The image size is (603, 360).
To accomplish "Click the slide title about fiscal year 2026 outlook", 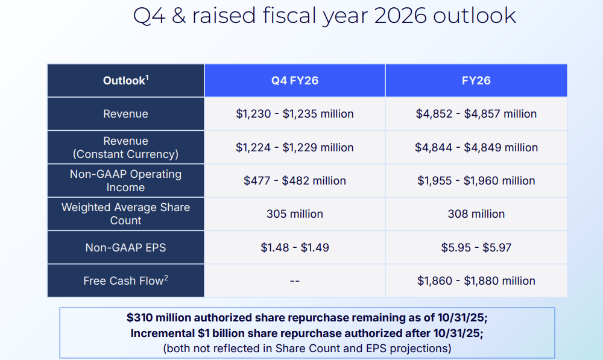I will click(x=324, y=16).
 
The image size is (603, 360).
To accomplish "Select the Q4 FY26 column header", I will click(x=295, y=80).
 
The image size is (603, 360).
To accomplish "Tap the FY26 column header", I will click(x=476, y=80).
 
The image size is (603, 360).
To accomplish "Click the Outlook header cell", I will click(x=125, y=80).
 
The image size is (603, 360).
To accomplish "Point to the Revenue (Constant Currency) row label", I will click(x=125, y=147).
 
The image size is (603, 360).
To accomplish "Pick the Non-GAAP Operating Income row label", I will click(x=125, y=180).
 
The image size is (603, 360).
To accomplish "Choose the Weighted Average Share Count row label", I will click(x=125, y=213).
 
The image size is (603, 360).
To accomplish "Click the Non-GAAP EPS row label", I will click(x=125, y=247).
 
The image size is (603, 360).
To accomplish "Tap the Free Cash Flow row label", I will click(x=125, y=280).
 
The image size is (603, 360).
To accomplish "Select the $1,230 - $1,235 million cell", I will click(x=295, y=114).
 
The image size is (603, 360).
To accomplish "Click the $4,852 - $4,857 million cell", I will click(x=476, y=114).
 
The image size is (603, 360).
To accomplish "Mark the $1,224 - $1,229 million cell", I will click(x=295, y=147).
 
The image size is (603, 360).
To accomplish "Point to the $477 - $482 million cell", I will click(x=295, y=180).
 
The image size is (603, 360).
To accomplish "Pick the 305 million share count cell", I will click(x=295, y=213).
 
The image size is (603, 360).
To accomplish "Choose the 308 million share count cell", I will click(x=476, y=213).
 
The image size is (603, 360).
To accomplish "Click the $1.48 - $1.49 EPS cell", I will click(x=295, y=247).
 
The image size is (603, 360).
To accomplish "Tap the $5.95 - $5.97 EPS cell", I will click(x=476, y=247).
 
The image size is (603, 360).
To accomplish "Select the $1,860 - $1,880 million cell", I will click(x=476, y=280).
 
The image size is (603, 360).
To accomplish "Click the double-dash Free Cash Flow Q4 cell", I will click(x=295, y=281).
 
